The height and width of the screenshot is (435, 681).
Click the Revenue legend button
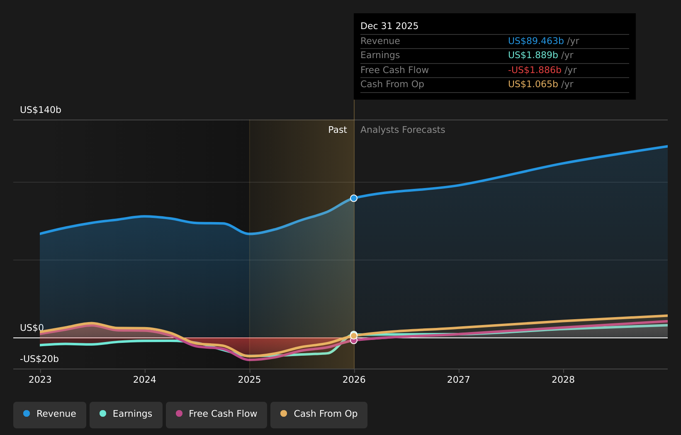pyautogui.click(x=50, y=414)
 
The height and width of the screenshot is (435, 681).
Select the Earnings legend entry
pyautogui.click(x=126, y=414)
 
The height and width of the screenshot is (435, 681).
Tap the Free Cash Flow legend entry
pyautogui.click(x=216, y=414)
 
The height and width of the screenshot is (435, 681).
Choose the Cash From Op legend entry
pyautogui.click(x=319, y=414)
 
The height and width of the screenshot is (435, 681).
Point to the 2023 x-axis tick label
pyautogui.click(x=40, y=380)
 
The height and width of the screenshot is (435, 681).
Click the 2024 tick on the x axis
pyautogui.click(x=145, y=380)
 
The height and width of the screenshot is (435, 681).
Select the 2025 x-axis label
pyautogui.click(x=249, y=380)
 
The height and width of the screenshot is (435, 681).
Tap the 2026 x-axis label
pyautogui.click(x=354, y=380)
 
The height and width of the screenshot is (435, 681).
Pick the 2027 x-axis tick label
pyautogui.click(x=459, y=380)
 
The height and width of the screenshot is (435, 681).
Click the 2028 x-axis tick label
pyautogui.click(x=563, y=380)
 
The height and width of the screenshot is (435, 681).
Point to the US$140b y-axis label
pyautogui.click(x=41, y=110)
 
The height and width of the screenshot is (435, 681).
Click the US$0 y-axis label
pyautogui.click(x=32, y=328)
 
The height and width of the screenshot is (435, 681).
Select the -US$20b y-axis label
pyautogui.click(x=39, y=359)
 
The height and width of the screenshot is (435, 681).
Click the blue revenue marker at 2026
pyautogui.click(x=354, y=198)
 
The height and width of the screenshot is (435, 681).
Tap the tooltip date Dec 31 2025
pyautogui.click(x=389, y=26)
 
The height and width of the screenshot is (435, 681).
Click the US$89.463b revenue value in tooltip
pyautogui.click(x=536, y=41)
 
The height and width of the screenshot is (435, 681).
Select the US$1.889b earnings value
pyautogui.click(x=533, y=55)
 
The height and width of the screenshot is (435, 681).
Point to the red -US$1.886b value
pyautogui.click(x=535, y=70)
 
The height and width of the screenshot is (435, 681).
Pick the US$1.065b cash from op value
pyautogui.click(x=533, y=84)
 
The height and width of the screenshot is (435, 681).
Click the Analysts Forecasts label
pyautogui.click(x=403, y=130)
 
